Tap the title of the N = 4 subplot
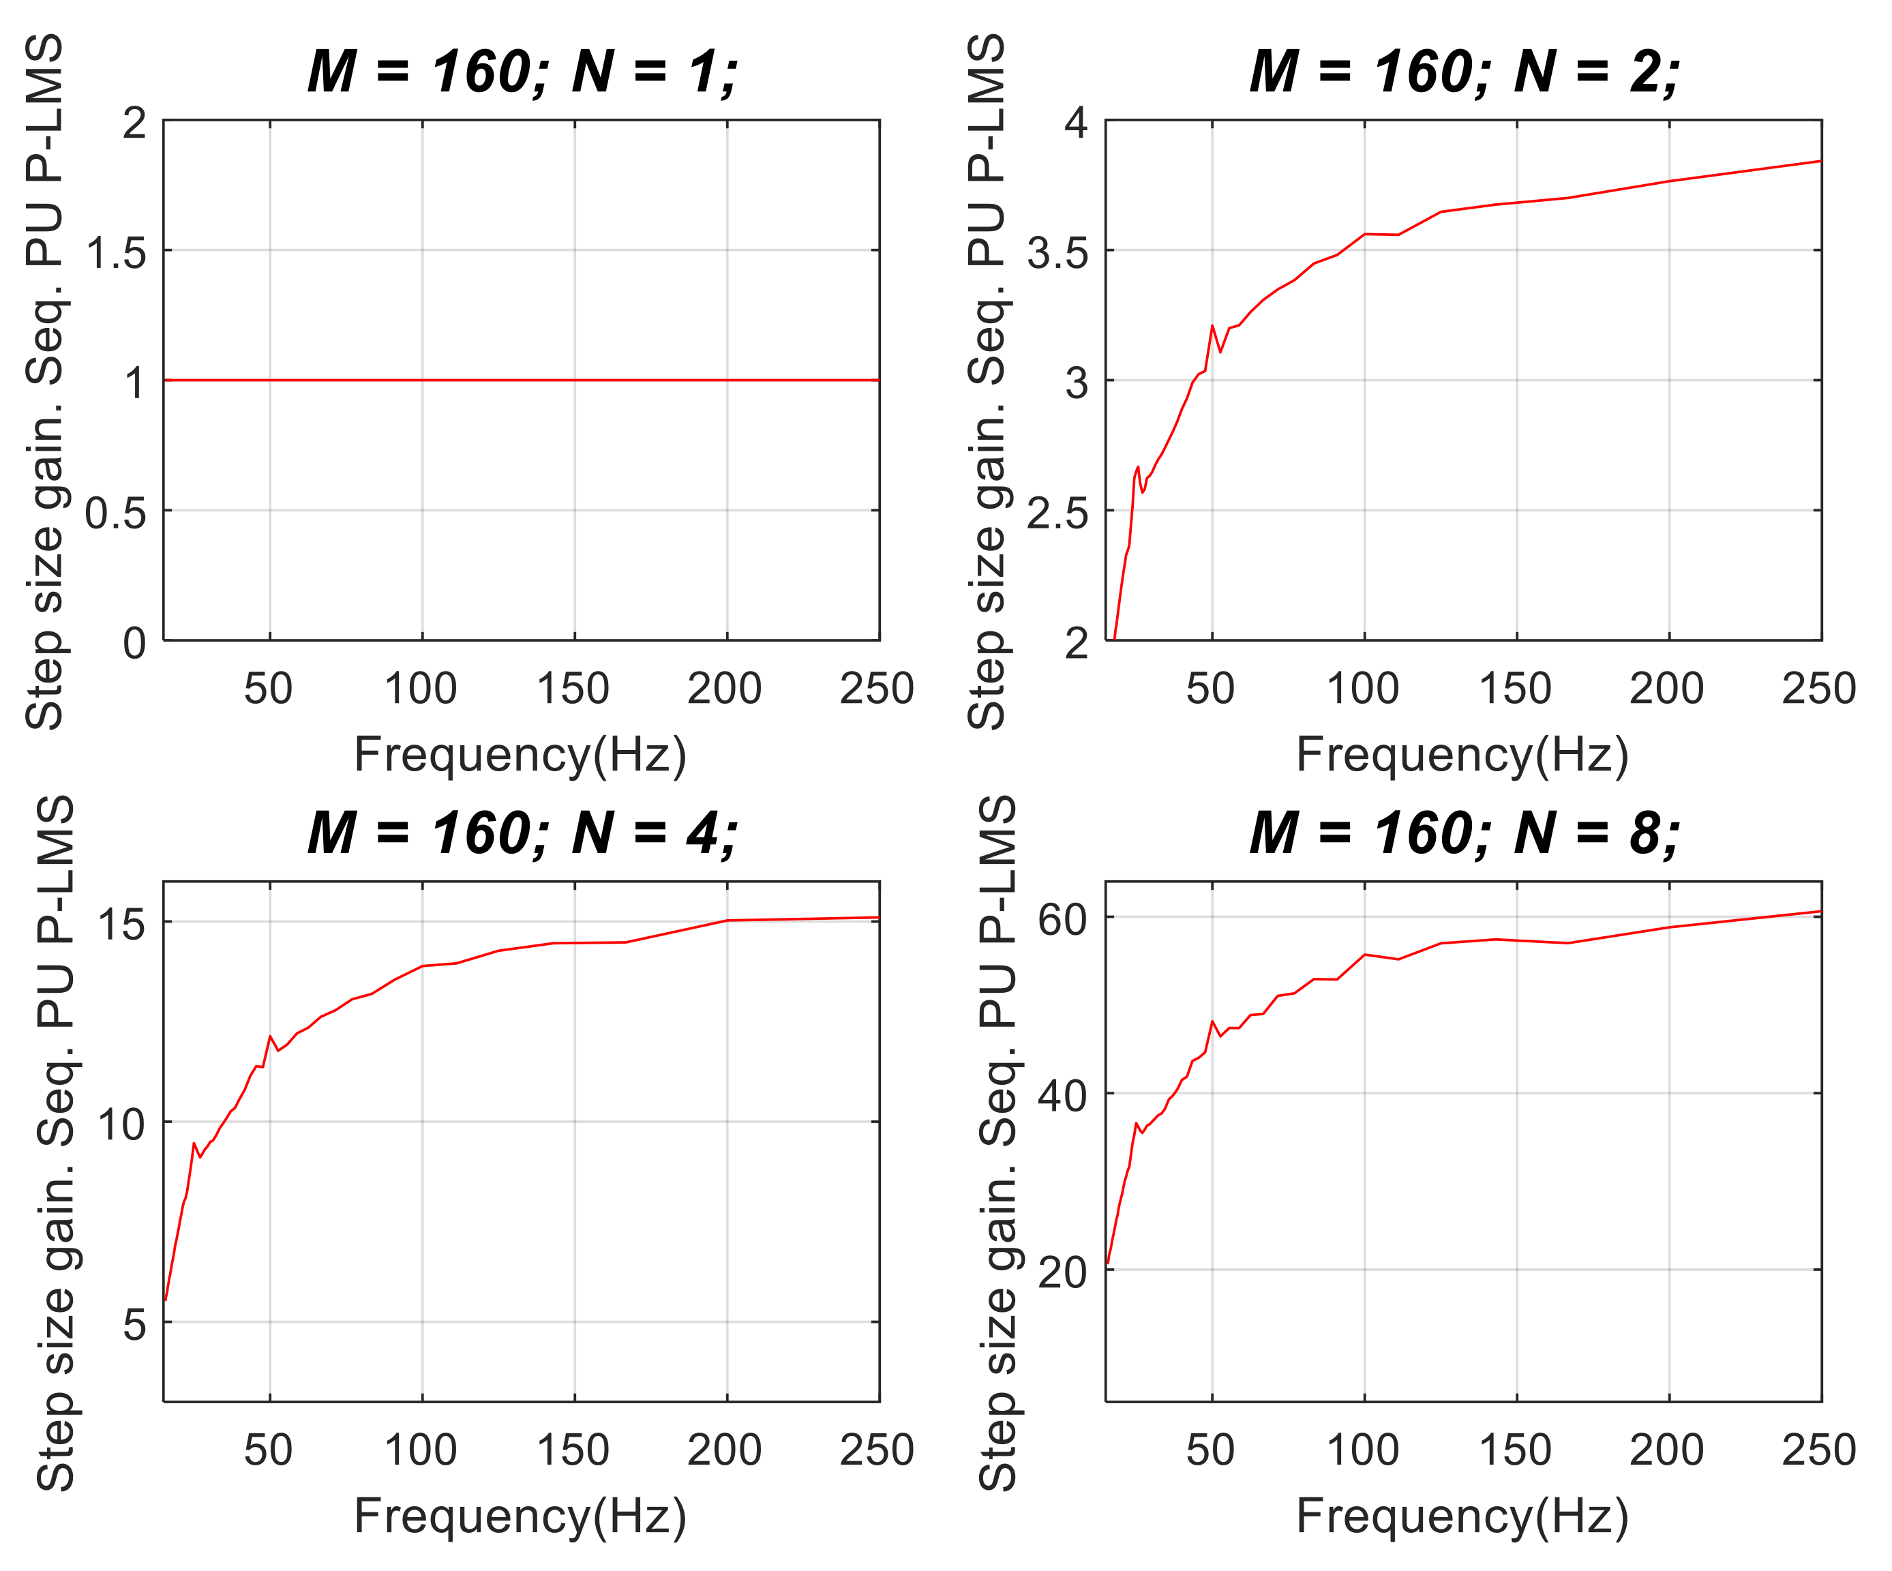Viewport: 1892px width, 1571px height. click(x=522, y=833)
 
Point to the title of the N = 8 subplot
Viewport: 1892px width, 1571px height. click(x=1464, y=833)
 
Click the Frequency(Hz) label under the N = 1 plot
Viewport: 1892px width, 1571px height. click(x=521, y=755)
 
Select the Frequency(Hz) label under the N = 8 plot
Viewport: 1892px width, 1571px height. click(x=1462, y=1516)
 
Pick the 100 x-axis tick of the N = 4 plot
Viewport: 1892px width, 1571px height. click(x=421, y=1450)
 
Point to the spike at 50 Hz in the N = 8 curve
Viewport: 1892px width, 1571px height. click(x=1213, y=1021)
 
